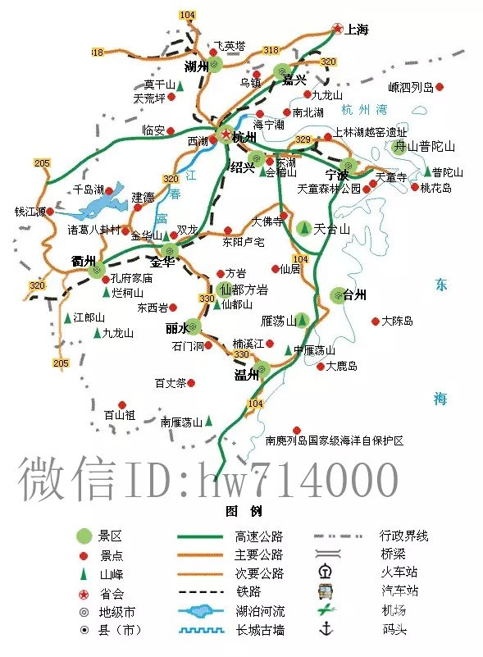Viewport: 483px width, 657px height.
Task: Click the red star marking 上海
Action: (336, 30)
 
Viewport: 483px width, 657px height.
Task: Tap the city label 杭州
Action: (244, 138)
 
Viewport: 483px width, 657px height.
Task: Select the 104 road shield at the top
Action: (188, 16)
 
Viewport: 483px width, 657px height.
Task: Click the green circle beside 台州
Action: (337, 294)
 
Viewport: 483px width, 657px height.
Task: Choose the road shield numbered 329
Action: (303, 139)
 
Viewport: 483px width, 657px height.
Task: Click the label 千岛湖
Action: (88, 189)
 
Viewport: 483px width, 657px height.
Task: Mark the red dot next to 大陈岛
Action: (375, 321)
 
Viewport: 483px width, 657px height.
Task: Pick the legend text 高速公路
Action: (259, 536)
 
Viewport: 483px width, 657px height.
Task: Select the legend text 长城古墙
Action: (259, 630)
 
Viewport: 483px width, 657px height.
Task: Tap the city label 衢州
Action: (84, 261)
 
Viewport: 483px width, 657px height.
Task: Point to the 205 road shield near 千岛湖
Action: (43, 163)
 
